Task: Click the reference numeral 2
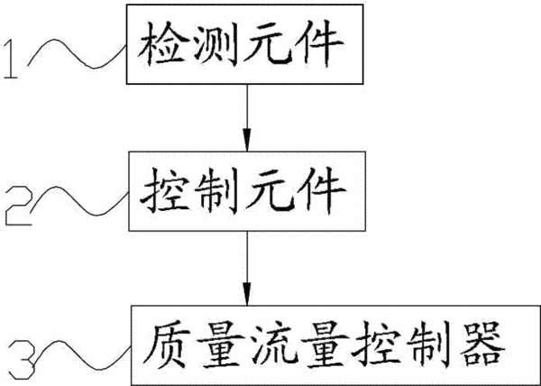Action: point(19,206)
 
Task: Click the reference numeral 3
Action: point(22,359)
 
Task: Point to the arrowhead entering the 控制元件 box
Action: point(247,141)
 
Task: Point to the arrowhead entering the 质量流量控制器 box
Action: point(247,294)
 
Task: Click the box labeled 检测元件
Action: point(244,44)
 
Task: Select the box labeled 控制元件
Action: point(247,191)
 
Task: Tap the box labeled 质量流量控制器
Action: point(335,345)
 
